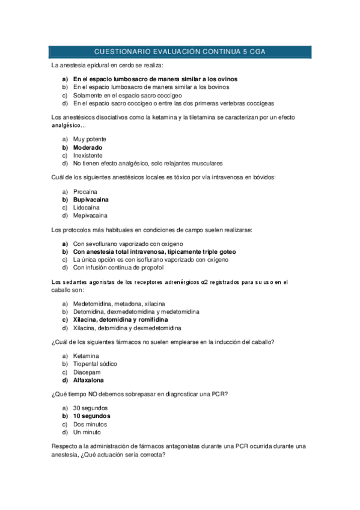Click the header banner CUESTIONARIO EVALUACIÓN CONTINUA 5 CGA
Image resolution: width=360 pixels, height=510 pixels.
(x=180, y=52)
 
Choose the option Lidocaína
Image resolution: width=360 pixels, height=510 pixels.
(x=88, y=207)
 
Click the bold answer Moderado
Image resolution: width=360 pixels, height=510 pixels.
(x=88, y=147)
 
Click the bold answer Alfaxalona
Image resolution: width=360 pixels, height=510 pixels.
(x=88, y=379)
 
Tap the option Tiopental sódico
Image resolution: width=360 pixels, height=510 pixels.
(x=95, y=364)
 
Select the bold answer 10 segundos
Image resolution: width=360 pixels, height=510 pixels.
(x=91, y=416)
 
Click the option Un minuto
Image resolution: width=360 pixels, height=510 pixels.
(x=87, y=432)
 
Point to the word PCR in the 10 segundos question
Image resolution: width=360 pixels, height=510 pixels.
(x=218, y=394)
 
